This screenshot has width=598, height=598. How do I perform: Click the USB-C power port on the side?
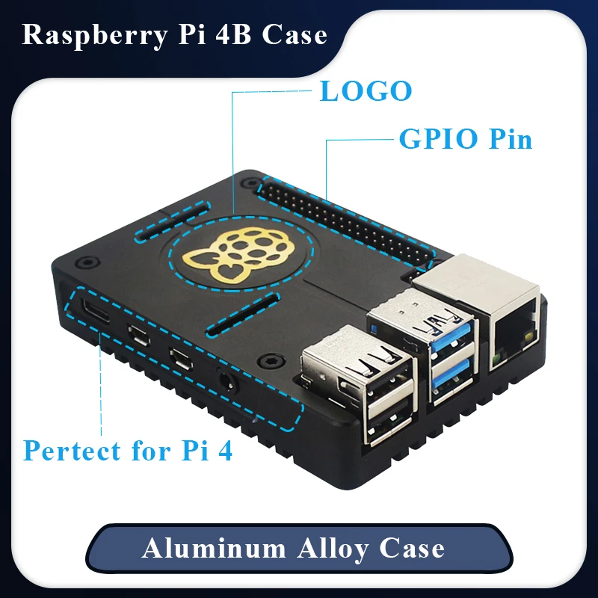(99, 312)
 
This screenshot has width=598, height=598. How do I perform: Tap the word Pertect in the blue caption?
(71, 451)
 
